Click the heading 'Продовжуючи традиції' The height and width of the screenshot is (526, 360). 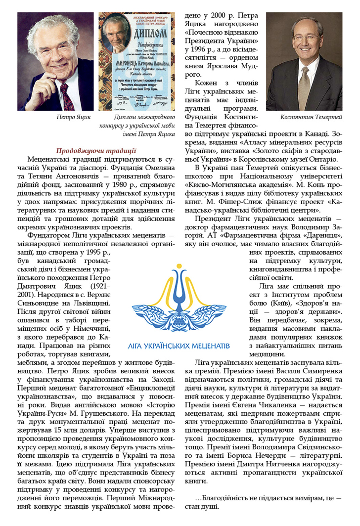[96, 150]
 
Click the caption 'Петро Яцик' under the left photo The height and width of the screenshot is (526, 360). [73, 118]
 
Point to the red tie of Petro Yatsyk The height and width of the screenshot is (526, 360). [65, 97]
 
